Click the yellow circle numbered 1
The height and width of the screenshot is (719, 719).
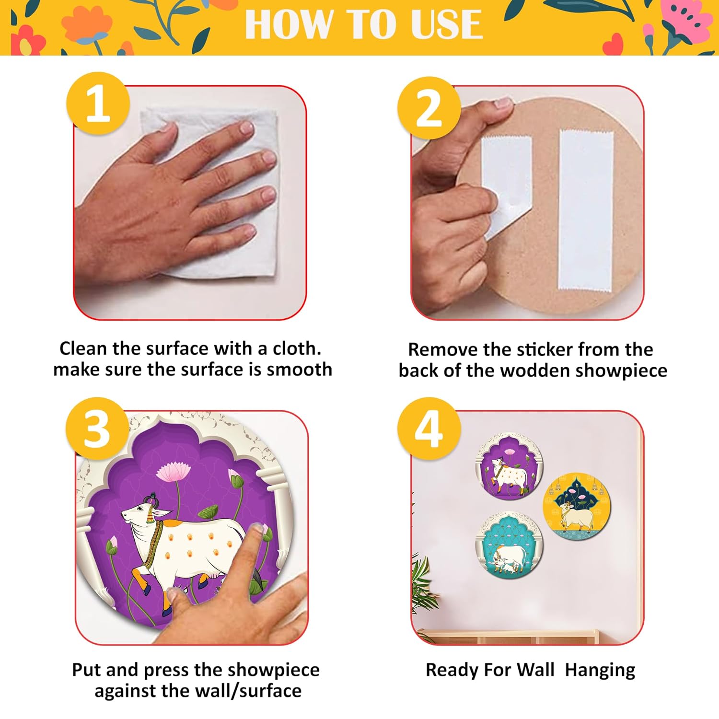click(x=98, y=104)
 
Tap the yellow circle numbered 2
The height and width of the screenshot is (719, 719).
click(x=429, y=108)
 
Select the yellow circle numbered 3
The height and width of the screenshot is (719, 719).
click(x=97, y=429)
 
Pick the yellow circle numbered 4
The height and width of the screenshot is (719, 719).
click(x=429, y=429)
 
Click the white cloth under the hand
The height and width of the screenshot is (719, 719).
click(x=211, y=192)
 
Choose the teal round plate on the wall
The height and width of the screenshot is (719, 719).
click(x=509, y=545)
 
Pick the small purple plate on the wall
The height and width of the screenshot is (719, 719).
click(x=509, y=467)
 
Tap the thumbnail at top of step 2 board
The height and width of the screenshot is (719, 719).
click(x=503, y=102)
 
